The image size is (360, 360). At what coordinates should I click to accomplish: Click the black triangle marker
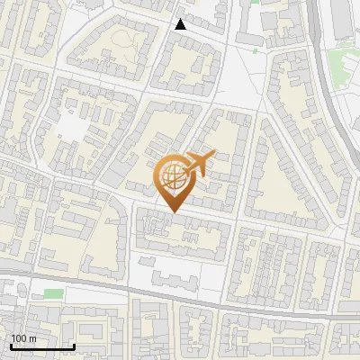(x=181, y=24)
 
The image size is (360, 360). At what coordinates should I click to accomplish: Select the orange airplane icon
(x=198, y=164)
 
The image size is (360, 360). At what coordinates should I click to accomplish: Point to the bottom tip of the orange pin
(x=172, y=211)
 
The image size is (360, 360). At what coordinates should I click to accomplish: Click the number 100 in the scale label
(x=17, y=337)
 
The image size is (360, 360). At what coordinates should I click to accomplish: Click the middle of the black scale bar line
(x=42, y=346)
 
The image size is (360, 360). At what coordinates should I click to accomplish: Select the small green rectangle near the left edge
(x=54, y=293)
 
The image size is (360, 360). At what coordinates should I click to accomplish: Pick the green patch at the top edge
(x=255, y=2)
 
